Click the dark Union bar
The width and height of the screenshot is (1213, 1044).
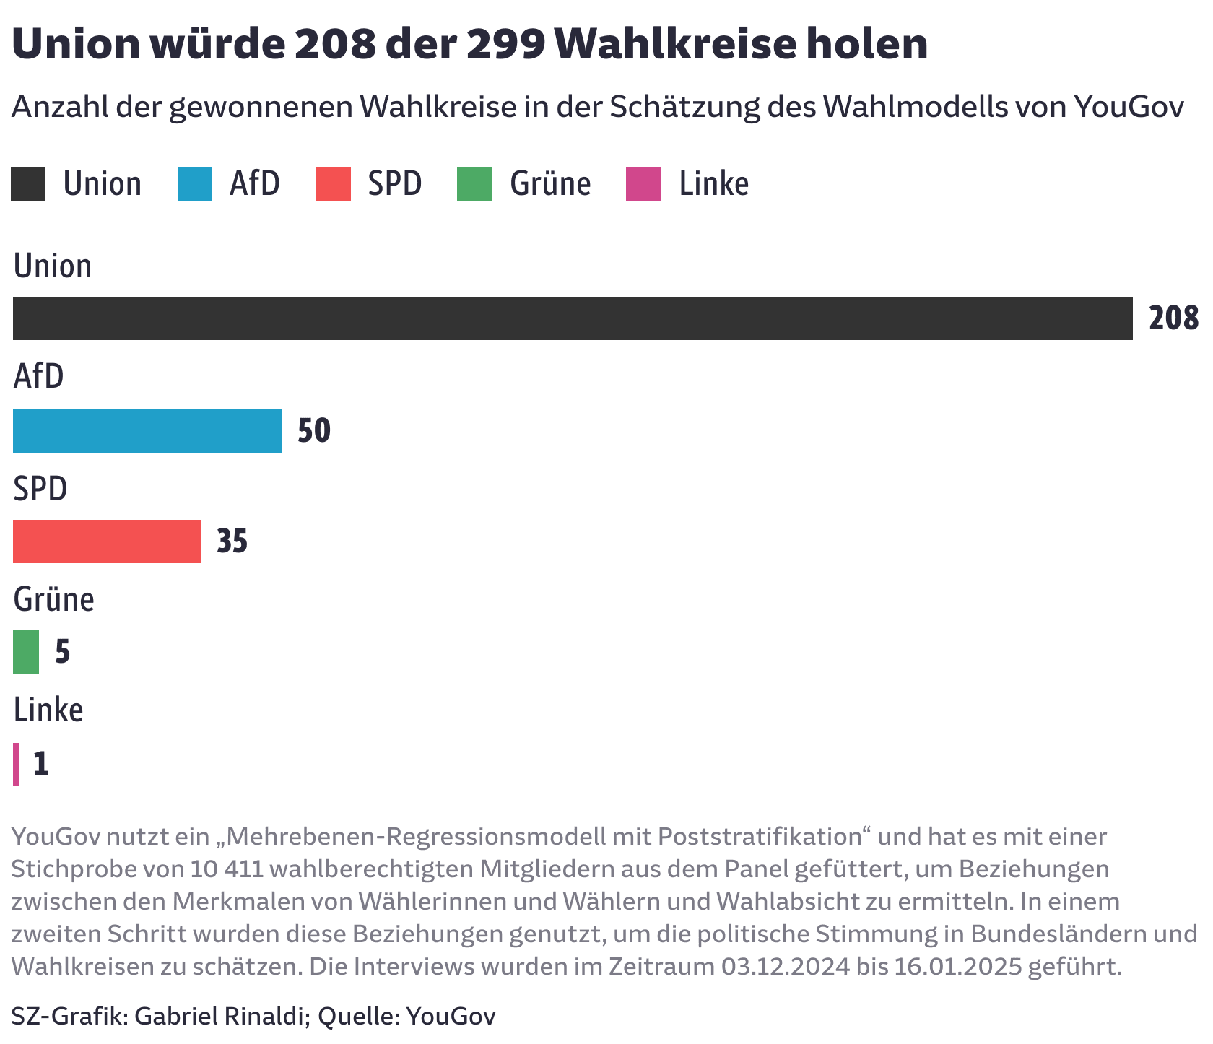point(573,318)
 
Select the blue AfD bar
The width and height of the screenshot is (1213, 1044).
point(147,431)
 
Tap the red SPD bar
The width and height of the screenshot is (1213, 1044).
point(107,541)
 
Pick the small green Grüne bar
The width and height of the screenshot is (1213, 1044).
point(26,652)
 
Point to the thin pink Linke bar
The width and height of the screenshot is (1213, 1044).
point(16,764)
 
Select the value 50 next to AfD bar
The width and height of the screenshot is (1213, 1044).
point(314,431)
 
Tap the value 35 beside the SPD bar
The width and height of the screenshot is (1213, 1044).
point(232,541)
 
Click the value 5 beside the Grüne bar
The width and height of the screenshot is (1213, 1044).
point(63,652)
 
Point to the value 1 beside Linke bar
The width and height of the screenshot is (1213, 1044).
point(41,765)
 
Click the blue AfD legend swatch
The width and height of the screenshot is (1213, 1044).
point(195,184)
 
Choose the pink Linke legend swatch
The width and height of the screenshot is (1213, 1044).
point(643,184)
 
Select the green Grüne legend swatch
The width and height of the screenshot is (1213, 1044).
point(474,184)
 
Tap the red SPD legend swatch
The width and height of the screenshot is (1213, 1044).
point(334,184)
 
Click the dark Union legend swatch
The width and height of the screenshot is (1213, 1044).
point(28,184)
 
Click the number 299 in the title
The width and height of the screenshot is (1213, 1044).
point(505,45)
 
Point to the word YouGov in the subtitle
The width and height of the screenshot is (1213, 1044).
point(1129,108)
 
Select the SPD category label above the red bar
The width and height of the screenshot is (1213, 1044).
point(40,489)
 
